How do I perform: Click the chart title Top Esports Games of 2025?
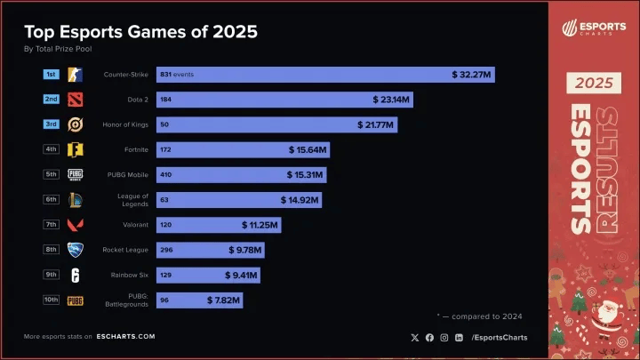click(x=140, y=32)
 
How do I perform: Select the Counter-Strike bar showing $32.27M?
click(x=325, y=75)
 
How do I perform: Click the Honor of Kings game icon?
click(x=76, y=125)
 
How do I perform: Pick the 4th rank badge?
click(x=52, y=149)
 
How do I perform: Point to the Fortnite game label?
click(x=132, y=150)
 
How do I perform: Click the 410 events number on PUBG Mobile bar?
click(x=165, y=175)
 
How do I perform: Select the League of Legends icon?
click(x=76, y=201)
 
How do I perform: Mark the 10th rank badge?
click(x=52, y=300)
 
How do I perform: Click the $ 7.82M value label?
click(x=222, y=301)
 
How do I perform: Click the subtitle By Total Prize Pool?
click(x=59, y=50)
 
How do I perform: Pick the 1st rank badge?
click(x=52, y=74)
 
